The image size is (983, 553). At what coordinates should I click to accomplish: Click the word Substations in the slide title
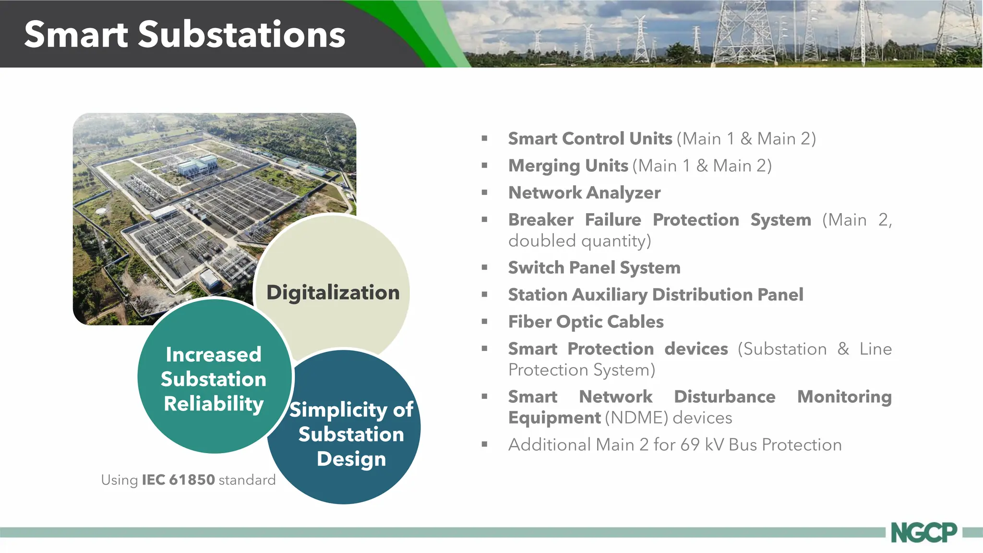(x=242, y=35)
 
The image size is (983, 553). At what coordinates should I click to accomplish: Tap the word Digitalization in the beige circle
(x=333, y=292)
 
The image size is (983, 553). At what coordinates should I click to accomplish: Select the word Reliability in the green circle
(x=214, y=404)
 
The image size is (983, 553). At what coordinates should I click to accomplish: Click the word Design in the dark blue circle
(x=351, y=459)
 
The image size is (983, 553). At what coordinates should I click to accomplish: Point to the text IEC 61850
(x=178, y=480)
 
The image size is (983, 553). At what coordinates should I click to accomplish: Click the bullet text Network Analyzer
(x=584, y=192)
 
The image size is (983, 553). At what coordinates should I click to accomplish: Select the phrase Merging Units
(x=568, y=166)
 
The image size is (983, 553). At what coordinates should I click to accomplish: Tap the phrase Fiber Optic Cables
(x=586, y=322)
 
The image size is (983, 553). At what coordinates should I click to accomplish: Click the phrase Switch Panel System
(x=594, y=267)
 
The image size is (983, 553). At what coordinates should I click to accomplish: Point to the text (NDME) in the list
(x=636, y=418)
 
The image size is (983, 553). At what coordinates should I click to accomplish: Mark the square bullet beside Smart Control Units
(x=484, y=139)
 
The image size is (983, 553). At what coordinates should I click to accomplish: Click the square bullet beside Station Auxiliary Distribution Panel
(x=484, y=294)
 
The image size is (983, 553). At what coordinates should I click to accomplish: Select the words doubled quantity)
(x=579, y=240)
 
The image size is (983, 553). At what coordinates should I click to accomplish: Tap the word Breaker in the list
(x=541, y=220)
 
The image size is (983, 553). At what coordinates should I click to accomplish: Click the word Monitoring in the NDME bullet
(x=844, y=397)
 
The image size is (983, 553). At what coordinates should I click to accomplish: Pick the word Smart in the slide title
(x=76, y=35)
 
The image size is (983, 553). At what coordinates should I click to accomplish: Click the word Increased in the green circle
(x=214, y=355)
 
